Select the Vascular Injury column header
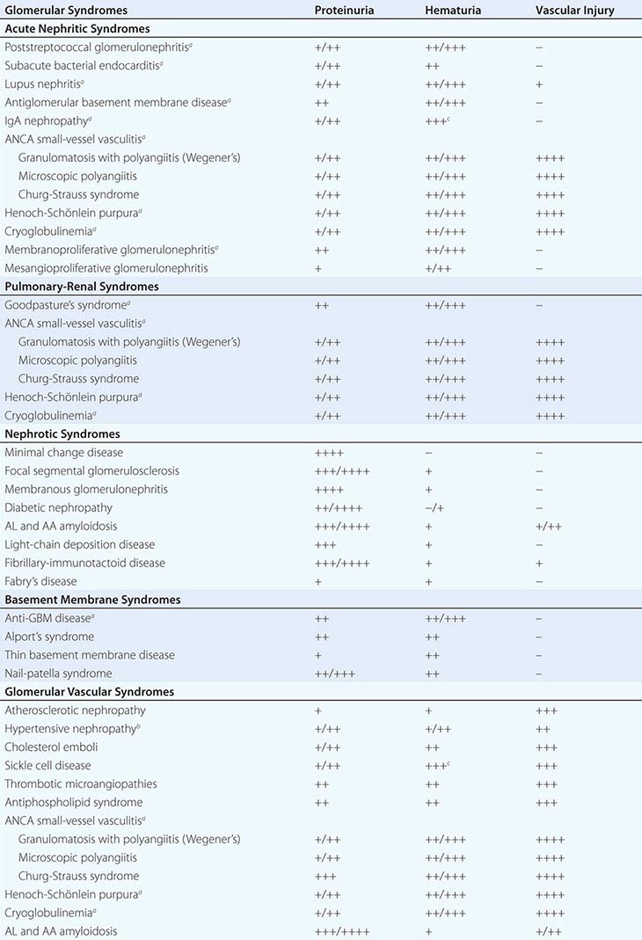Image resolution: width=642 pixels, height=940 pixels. click(574, 11)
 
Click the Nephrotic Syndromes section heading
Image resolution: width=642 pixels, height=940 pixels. click(62, 434)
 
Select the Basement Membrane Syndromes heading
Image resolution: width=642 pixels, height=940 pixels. click(92, 600)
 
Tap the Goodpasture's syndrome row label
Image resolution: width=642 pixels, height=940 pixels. click(61, 305)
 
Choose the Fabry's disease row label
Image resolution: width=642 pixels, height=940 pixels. click(40, 581)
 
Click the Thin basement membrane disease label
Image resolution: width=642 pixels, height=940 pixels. click(90, 655)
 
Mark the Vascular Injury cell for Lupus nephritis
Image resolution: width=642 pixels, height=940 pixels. click(539, 84)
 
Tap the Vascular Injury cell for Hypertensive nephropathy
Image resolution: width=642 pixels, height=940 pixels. click(544, 729)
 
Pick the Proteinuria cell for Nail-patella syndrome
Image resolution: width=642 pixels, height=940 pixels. click(334, 674)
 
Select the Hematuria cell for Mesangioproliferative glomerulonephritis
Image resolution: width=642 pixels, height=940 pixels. click(437, 268)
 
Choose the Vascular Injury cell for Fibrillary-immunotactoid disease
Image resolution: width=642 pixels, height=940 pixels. click(539, 564)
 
